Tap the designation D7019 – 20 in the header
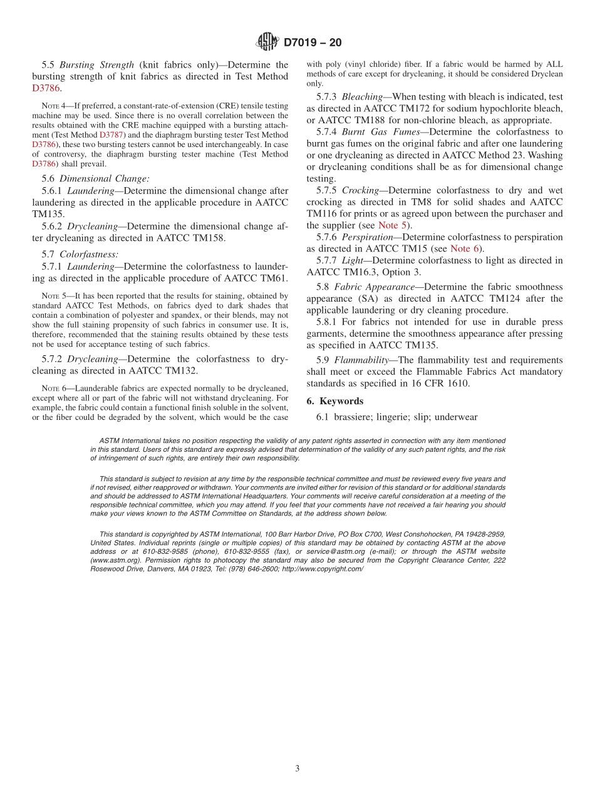point(313,43)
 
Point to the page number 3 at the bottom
point(297,768)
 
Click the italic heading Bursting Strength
point(96,64)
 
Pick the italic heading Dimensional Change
point(104,178)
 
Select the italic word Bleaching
point(363,97)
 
